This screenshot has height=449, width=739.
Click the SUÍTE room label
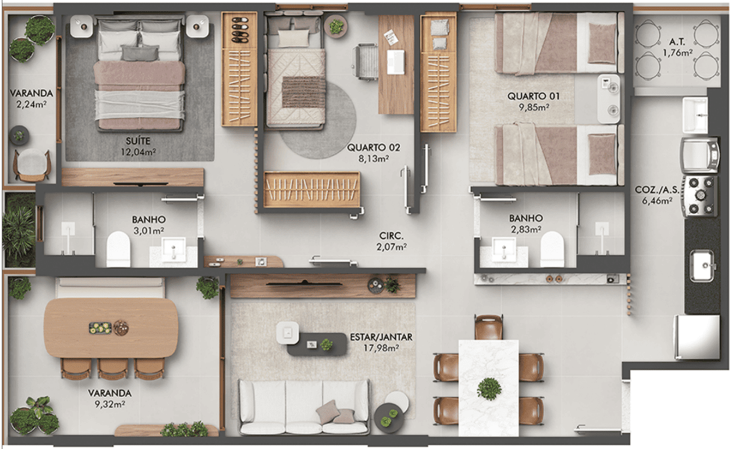tap(138, 141)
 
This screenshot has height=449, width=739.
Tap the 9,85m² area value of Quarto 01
tap(534, 107)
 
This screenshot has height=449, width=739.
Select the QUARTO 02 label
tap(373, 147)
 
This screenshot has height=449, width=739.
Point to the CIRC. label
tap(391, 236)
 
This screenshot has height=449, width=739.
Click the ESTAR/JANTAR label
tap(381, 337)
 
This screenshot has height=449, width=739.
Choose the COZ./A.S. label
tap(657, 190)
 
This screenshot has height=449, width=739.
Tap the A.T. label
tap(677, 42)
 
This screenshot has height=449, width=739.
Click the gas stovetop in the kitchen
tap(701, 196)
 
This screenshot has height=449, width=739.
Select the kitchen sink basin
tap(702, 265)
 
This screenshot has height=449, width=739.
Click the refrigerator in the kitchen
tap(697, 337)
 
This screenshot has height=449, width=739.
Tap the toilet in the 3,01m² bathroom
tap(118, 249)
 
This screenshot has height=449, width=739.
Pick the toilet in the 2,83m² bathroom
tap(552, 249)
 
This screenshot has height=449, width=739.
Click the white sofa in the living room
tap(304, 407)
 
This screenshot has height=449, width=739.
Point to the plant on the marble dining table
tap(489, 389)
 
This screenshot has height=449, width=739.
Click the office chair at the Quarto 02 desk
tap(365, 62)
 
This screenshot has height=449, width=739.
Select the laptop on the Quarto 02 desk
tap(396, 62)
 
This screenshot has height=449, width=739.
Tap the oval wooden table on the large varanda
tap(111, 328)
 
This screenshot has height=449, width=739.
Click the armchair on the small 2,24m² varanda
tap(32, 165)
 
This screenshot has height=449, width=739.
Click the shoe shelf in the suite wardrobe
tap(239, 30)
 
